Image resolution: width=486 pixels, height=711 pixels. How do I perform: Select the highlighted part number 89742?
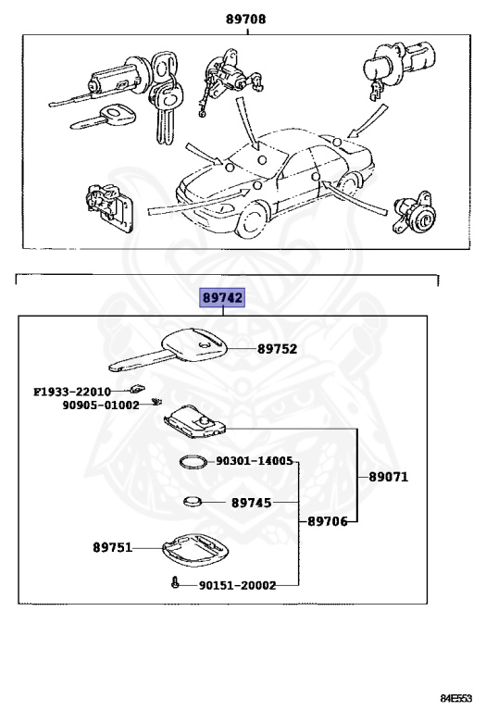click(223, 297)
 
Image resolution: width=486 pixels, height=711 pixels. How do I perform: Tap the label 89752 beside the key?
click(278, 350)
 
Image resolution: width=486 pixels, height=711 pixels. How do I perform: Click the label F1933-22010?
click(72, 392)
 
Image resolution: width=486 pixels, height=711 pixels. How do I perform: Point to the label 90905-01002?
click(101, 405)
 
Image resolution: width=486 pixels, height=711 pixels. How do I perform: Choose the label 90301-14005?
click(255, 460)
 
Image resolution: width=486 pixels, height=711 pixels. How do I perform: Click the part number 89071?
click(388, 478)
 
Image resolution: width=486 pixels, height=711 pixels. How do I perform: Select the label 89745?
click(251, 504)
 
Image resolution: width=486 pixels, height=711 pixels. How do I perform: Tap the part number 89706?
click(327, 521)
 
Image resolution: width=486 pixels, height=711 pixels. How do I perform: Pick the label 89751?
click(112, 547)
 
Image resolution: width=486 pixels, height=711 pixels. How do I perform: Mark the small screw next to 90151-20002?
click(174, 583)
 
